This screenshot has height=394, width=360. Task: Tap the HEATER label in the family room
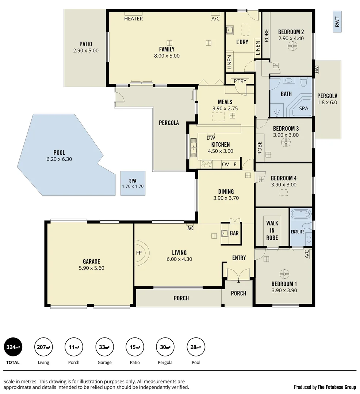pos(133,19)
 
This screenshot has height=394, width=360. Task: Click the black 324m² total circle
pos(13,347)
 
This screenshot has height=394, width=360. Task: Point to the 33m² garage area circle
pos(104,347)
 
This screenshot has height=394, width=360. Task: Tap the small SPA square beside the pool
pos(133,183)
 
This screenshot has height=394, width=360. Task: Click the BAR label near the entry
pos(234,233)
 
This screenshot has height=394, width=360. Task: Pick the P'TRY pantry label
pos(240,81)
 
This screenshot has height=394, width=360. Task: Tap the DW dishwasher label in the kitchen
pos(211,138)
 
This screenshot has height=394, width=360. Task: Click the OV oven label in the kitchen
pos(225,165)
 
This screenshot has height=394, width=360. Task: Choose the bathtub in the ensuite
pos(300,214)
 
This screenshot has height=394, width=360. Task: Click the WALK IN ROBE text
pos(272,230)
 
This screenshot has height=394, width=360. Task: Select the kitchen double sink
pos(194,149)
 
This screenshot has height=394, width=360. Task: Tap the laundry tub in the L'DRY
pos(230,30)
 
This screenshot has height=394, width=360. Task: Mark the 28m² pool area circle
pos(196,347)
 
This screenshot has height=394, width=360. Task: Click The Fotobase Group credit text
pos(337,387)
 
